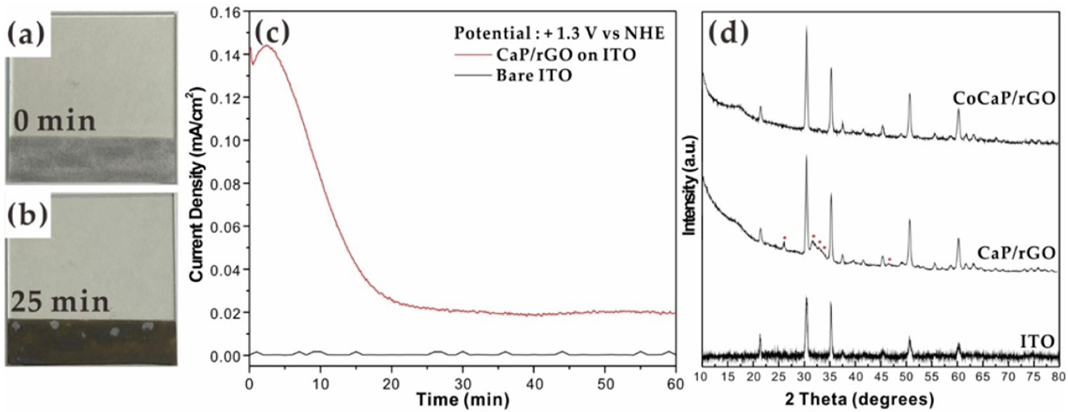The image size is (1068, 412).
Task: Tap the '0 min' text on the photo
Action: click(x=54, y=121)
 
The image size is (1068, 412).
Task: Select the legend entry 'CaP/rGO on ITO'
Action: click(x=566, y=55)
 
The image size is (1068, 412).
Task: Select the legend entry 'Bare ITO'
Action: click(x=534, y=75)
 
